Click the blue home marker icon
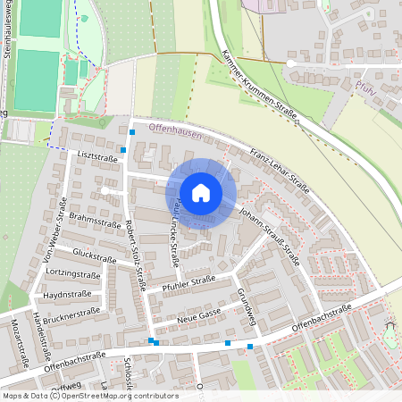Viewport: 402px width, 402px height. [201, 192]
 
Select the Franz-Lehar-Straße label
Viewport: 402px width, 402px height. [280, 170]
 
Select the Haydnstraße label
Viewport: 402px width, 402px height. [63, 294]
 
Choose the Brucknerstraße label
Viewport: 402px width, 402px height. [70, 313]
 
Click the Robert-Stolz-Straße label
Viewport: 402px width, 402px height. [137, 255]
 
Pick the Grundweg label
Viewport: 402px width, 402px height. [247, 306]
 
